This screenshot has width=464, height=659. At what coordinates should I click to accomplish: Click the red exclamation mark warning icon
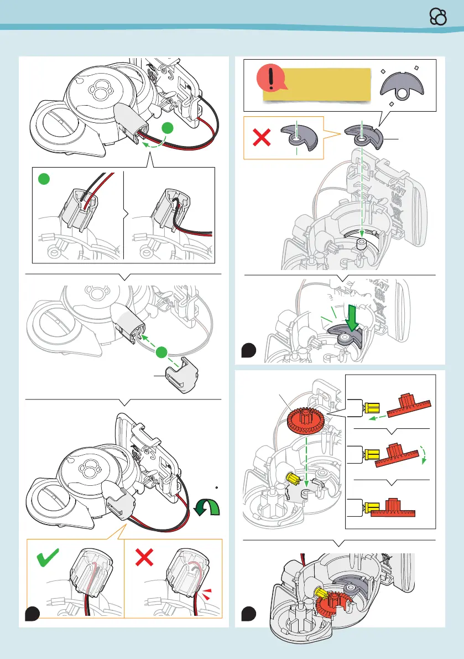coord(270,80)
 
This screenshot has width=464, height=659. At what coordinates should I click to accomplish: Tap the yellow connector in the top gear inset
coord(371,407)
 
